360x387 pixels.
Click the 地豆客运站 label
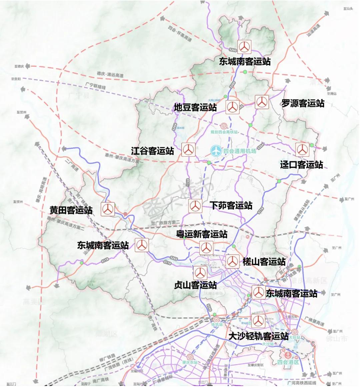195,107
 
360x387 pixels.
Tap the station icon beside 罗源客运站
262,102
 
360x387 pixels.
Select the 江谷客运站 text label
152,151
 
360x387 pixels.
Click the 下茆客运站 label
231,205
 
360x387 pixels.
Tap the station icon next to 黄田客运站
108,209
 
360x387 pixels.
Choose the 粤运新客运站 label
202,234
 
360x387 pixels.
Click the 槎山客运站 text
264,262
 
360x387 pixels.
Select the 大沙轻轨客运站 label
258,336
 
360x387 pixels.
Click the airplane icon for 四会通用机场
216,151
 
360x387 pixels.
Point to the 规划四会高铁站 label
224,132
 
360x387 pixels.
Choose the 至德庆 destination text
19,66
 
